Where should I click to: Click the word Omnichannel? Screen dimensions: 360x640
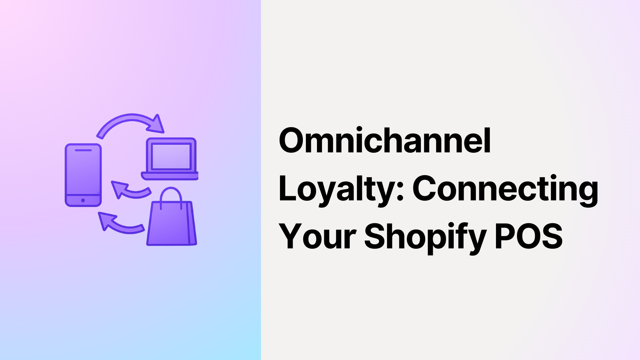click(385, 141)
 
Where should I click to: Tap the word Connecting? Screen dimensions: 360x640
click(505, 189)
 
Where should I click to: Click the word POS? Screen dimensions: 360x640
click(528, 237)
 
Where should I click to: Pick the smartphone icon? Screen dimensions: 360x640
click(83, 175)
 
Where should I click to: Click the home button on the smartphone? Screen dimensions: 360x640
click(83, 200)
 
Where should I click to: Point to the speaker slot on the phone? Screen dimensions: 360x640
click(83, 150)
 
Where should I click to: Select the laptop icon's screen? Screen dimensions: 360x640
click(171, 157)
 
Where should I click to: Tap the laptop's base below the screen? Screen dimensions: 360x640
click(170, 176)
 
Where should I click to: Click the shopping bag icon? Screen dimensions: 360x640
click(171, 223)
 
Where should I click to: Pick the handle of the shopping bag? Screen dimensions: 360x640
click(171, 194)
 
